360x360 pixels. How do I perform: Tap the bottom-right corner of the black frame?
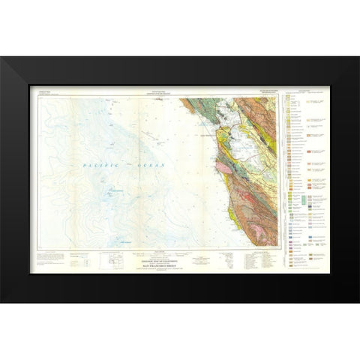tap(358, 301)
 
